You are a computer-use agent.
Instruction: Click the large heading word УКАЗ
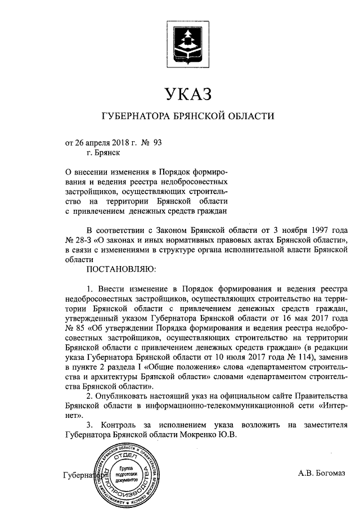coord(186,92)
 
